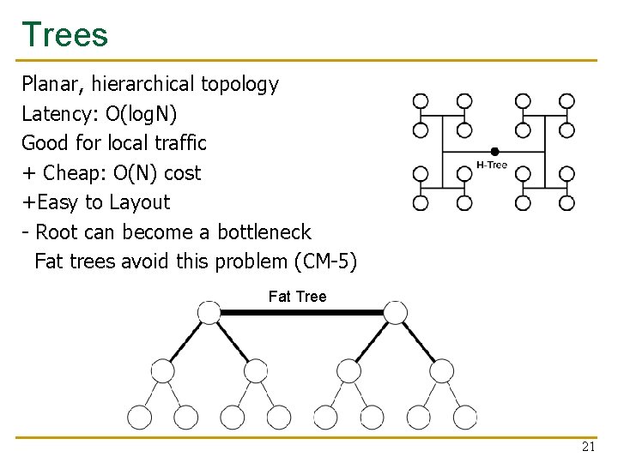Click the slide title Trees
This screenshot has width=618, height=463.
(65, 35)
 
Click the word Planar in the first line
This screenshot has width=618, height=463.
(48, 84)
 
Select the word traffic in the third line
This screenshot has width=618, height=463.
(178, 142)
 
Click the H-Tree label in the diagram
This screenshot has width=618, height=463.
(491, 165)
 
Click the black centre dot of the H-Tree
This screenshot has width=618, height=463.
(494, 152)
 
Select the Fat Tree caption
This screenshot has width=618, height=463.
(297, 297)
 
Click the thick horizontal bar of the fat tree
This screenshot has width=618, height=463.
(302, 313)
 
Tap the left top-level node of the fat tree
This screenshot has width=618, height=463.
(209, 312)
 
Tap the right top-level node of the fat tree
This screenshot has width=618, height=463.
(395, 312)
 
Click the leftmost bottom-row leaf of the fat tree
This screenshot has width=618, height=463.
(140, 418)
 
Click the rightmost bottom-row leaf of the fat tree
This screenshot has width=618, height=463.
(464, 418)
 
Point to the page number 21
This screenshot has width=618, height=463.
(588, 448)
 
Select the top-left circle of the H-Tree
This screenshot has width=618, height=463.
(421, 101)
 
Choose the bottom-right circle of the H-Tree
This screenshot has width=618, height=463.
(567, 203)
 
